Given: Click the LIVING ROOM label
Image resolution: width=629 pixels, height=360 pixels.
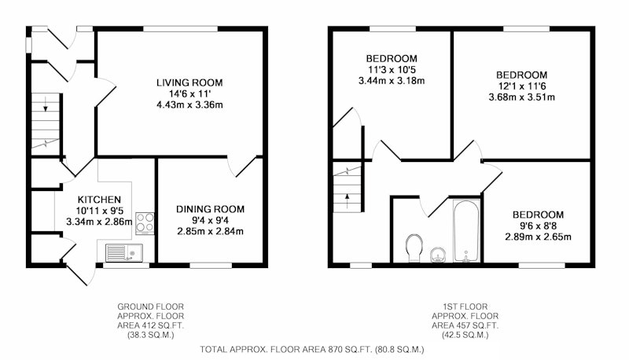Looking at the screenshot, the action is tap(189, 83).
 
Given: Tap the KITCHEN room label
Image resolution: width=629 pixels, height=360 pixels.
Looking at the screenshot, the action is tap(99, 200).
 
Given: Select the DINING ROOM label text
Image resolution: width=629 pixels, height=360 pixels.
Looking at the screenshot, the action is tap(210, 209).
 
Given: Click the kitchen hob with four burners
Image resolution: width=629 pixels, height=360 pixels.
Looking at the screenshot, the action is tap(145, 223).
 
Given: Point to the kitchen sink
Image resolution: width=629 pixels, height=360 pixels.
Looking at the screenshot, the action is tap(124, 252).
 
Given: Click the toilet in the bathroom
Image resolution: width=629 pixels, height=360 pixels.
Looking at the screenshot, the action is tap(414, 248).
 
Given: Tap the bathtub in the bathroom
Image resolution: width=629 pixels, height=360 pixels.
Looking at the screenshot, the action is tap(466, 231).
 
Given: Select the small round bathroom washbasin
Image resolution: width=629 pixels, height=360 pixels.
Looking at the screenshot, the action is tap(439, 255).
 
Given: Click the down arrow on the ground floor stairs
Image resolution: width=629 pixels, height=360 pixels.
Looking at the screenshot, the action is tap(46, 104).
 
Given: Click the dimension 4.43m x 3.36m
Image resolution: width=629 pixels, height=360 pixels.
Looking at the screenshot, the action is tap(189, 105).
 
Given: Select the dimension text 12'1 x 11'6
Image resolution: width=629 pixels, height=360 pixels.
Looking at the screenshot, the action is tap(521, 86).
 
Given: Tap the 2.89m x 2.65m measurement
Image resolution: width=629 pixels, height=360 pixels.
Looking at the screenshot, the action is tap(538, 237).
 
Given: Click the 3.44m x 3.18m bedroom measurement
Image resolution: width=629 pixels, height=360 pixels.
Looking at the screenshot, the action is tap(391, 81).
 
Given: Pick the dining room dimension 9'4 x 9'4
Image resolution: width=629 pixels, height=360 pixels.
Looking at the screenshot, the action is tap(210, 221).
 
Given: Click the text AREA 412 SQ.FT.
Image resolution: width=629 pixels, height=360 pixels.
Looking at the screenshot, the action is tap(150, 325).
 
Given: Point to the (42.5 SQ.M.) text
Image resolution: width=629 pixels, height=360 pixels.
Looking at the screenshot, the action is tap(465, 335).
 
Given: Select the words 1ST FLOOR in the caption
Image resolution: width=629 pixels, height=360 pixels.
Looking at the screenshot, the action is tap(465, 307).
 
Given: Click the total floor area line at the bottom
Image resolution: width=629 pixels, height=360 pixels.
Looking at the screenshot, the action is tap(312, 350).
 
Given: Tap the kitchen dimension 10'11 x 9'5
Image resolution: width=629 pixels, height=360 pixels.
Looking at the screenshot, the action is tap(99, 211).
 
